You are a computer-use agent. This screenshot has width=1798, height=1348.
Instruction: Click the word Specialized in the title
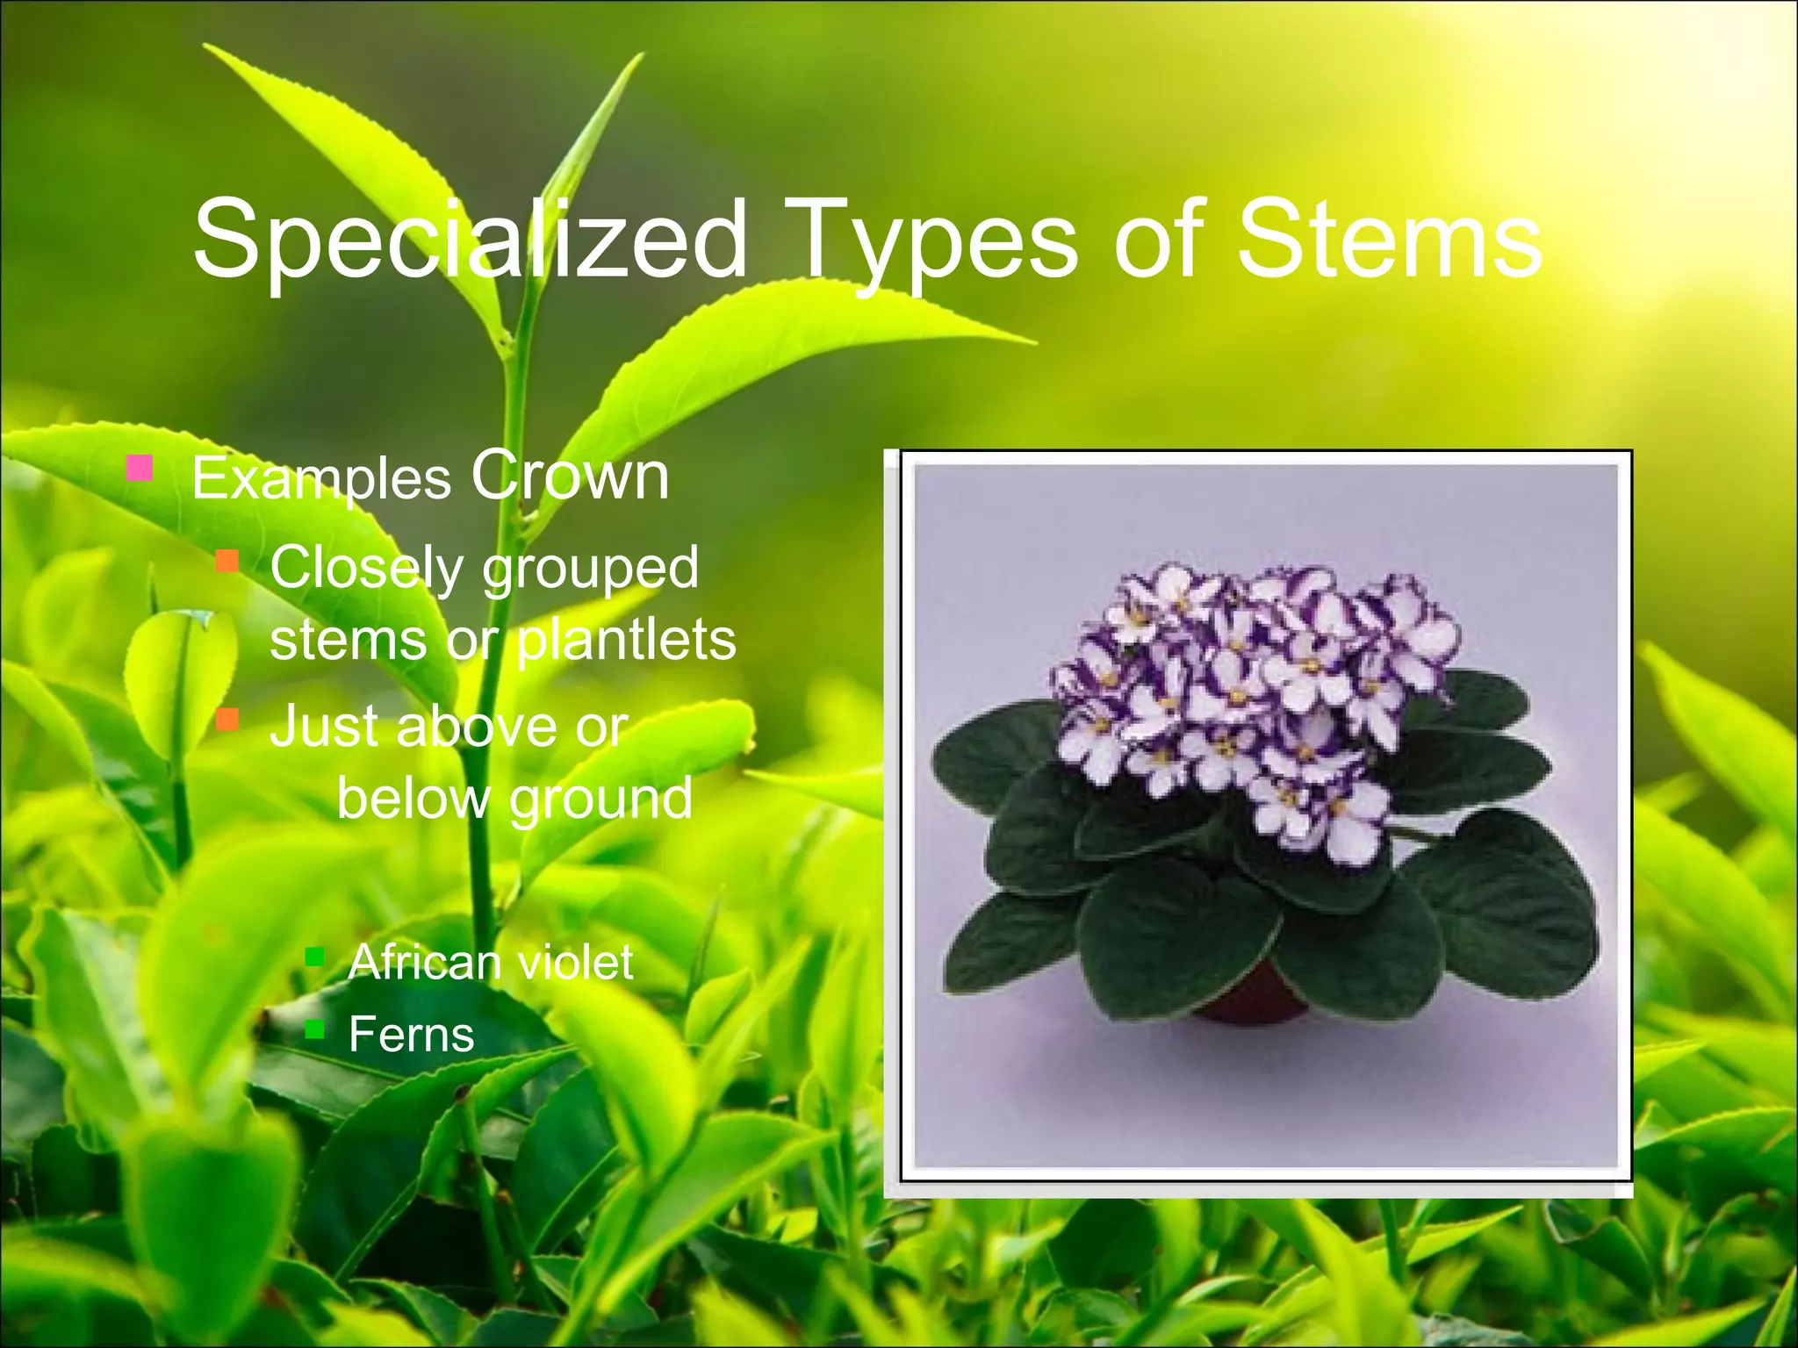pyautogui.click(x=470, y=239)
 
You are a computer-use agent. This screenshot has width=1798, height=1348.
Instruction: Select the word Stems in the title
pyautogui.click(x=1389, y=239)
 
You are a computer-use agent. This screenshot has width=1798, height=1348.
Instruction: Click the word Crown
pyautogui.click(x=570, y=477)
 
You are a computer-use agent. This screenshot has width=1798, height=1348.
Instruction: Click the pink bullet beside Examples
pyautogui.click(x=140, y=467)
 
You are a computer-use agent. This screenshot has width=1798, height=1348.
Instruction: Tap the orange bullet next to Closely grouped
pyautogui.click(x=227, y=561)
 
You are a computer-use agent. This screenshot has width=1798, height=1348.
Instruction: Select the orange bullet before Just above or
pyautogui.click(x=227, y=720)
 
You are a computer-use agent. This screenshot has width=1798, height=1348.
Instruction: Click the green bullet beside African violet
pyautogui.click(x=314, y=956)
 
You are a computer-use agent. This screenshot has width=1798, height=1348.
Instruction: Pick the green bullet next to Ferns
pyautogui.click(x=314, y=1028)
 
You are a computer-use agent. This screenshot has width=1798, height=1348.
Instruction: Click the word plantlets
pyautogui.click(x=626, y=640)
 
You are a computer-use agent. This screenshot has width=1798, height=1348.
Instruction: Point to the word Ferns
pyautogui.click(x=411, y=1035)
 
